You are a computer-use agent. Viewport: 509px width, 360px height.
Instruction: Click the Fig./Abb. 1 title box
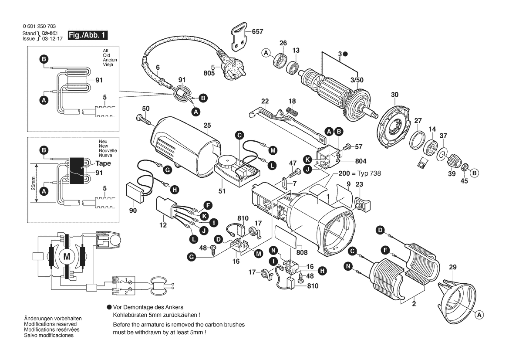[88, 35]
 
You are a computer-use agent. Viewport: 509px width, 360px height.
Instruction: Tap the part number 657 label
[257, 31]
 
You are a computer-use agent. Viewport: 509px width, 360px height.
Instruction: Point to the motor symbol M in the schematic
[67, 257]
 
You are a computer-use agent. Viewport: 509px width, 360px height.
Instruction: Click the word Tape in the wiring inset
[103, 163]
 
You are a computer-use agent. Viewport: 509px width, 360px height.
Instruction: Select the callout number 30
[394, 95]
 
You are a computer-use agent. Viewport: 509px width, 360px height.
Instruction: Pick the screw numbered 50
[145, 120]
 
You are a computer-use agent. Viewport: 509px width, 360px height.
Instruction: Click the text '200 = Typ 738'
[360, 173]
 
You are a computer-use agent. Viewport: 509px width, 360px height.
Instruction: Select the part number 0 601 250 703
[39, 26]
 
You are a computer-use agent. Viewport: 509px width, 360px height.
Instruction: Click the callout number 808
[302, 252]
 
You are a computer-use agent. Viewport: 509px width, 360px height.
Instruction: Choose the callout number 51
[222, 191]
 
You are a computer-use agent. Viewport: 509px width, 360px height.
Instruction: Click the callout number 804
[361, 161]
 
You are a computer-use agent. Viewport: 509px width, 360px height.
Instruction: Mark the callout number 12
[163, 225]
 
